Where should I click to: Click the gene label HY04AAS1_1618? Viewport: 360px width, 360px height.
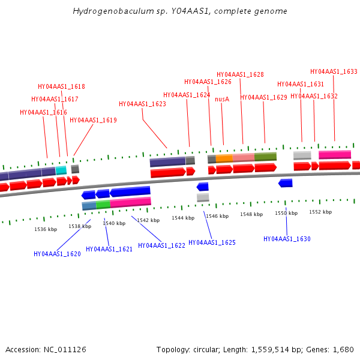pos(61,86)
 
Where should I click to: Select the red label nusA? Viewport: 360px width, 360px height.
pos(222,99)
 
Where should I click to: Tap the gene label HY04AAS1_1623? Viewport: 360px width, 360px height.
pos(142,104)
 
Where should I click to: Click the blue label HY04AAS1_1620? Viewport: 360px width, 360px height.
pos(57,254)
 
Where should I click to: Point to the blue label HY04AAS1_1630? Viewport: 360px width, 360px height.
pos(287,239)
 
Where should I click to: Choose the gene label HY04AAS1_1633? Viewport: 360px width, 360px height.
pos(334,71)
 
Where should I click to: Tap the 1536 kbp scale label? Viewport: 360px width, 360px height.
pos(46,229)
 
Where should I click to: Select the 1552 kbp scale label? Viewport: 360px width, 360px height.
pos(320,212)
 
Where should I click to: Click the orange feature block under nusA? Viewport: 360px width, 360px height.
pos(224,158)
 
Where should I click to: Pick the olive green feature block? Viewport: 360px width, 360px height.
pos(265,157)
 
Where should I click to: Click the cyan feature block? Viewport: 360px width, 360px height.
pos(61,170)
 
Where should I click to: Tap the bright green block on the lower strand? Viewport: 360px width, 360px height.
pos(103,205)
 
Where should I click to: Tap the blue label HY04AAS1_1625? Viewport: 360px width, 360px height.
pos(212,242)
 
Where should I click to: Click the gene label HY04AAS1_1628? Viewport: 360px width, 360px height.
pos(240,74)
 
